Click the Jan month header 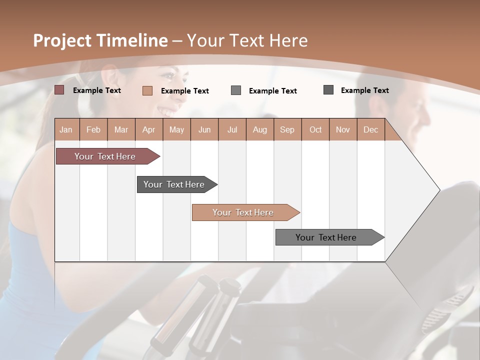[66, 129]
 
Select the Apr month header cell [148, 129]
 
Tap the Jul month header [232, 129]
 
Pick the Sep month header [287, 129]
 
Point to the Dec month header [370, 129]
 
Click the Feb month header [93, 129]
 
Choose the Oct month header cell [315, 129]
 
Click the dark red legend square [59, 90]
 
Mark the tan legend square [147, 90]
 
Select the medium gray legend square [236, 90]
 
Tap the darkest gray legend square [328, 90]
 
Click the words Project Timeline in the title [100, 40]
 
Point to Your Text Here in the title [247, 40]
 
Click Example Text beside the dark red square [97, 90]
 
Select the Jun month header [204, 129]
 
